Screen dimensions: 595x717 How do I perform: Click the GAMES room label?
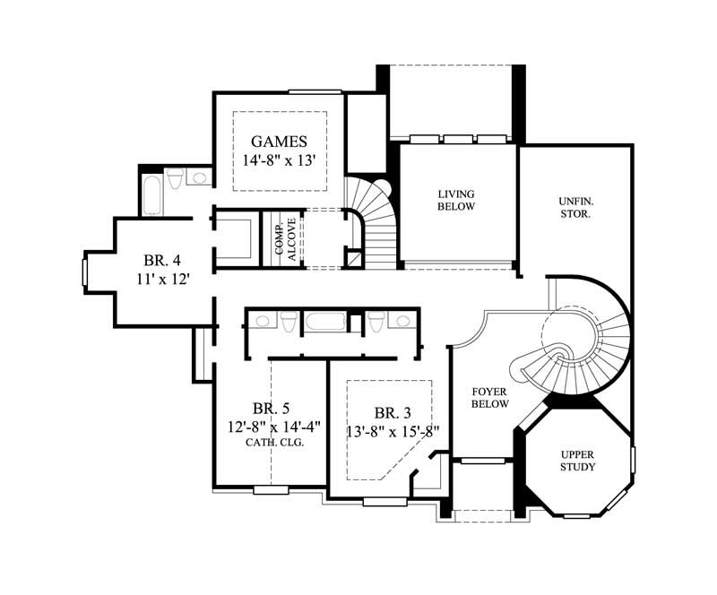(280, 142)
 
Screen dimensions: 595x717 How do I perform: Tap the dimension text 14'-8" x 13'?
(280, 161)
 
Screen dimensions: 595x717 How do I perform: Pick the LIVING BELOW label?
(455, 200)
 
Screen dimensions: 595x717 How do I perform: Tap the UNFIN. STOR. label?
(574, 209)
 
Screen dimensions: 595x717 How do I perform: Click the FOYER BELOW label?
(490, 398)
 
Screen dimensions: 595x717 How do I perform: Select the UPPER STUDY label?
(578, 461)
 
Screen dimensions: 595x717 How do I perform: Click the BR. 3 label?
(393, 413)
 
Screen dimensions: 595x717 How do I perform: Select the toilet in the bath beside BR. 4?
(177, 177)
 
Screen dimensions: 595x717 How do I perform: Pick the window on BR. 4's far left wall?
(83, 272)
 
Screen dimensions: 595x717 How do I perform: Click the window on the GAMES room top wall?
(315, 91)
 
